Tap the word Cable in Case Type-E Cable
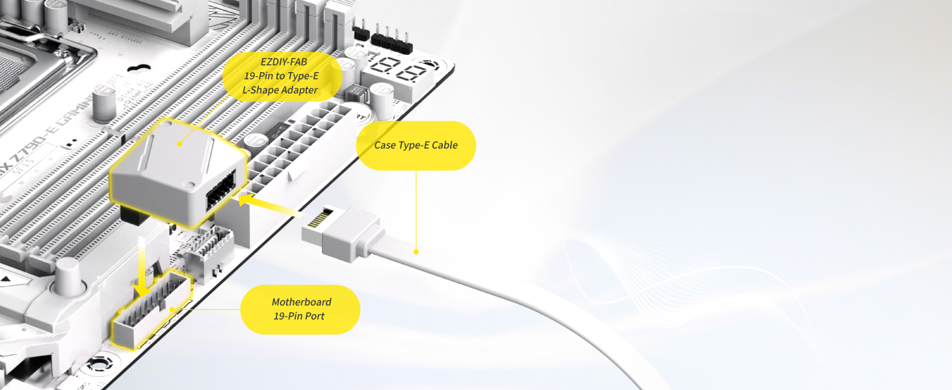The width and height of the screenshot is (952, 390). [444, 146]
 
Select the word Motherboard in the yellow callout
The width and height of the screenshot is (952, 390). [301, 302]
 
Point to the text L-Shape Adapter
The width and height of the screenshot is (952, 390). [282, 90]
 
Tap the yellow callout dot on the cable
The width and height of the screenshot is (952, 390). [416, 252]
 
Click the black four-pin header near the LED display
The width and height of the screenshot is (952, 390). [388, 38]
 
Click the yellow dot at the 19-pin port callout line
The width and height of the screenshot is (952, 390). [172, 309]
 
